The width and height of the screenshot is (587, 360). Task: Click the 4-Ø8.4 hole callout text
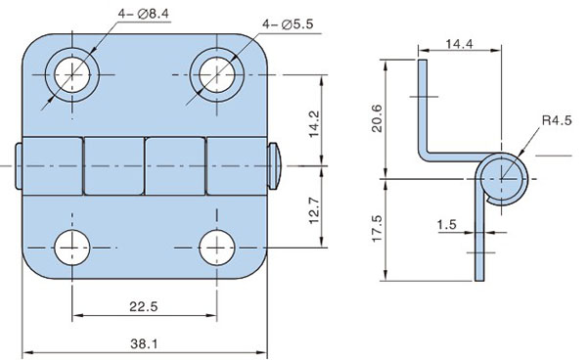point(144,14)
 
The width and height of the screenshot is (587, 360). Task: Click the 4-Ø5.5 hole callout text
point(288,24)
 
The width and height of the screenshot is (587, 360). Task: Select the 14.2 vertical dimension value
point(314,124)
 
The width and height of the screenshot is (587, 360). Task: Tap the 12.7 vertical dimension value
point(314,210)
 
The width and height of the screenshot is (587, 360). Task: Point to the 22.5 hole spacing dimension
point(144,307)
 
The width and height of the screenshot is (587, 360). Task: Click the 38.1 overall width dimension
point(144,343)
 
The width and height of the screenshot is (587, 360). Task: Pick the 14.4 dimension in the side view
point(460,44)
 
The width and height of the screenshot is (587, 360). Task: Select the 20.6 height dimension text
point(377,118)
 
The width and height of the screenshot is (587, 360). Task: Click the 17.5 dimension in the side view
point(377,229)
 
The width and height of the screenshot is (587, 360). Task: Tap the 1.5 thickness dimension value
point(447,225)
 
